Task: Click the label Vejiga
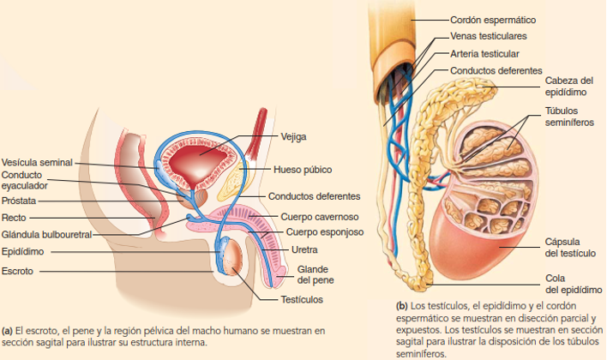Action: [293, 135]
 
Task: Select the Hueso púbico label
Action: [303, 169]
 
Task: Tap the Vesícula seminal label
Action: [36, 161]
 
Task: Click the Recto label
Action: [14, 217]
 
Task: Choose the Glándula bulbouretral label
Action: [46, 234]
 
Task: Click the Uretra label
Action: [305, 250]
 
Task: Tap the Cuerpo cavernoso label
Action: [320, 217]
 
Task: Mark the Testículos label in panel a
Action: [302, 299]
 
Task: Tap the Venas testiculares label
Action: [489, 37]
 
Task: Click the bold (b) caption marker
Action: [401, 305]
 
